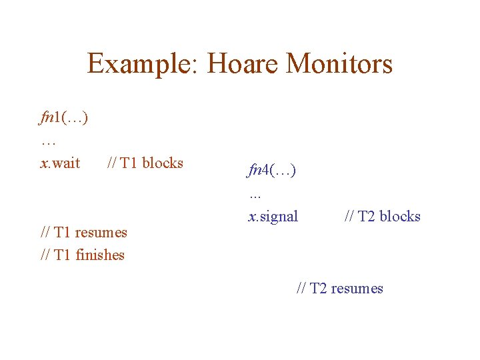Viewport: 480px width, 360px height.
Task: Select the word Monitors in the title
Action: tap(339, 65)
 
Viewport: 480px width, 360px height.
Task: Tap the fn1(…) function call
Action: tap(64, 118)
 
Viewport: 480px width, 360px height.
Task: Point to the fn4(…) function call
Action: tap(272, 171)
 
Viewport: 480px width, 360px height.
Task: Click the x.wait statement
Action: tap(60, 163)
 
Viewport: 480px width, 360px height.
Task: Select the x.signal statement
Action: tap(273, 217)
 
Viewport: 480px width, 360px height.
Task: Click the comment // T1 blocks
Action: tap(145, 163)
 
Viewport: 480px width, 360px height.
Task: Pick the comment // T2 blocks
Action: tap(383, 217)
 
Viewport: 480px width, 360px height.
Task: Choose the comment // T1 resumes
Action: tap(84, 233)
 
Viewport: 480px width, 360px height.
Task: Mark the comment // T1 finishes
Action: tap(83, 255)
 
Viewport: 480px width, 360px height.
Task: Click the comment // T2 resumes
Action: tap(340, 289)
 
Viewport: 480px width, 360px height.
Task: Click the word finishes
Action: tap(100, 255)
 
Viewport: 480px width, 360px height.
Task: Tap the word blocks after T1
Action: tap(163, 163)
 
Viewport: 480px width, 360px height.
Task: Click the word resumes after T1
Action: tap(101, 233)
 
